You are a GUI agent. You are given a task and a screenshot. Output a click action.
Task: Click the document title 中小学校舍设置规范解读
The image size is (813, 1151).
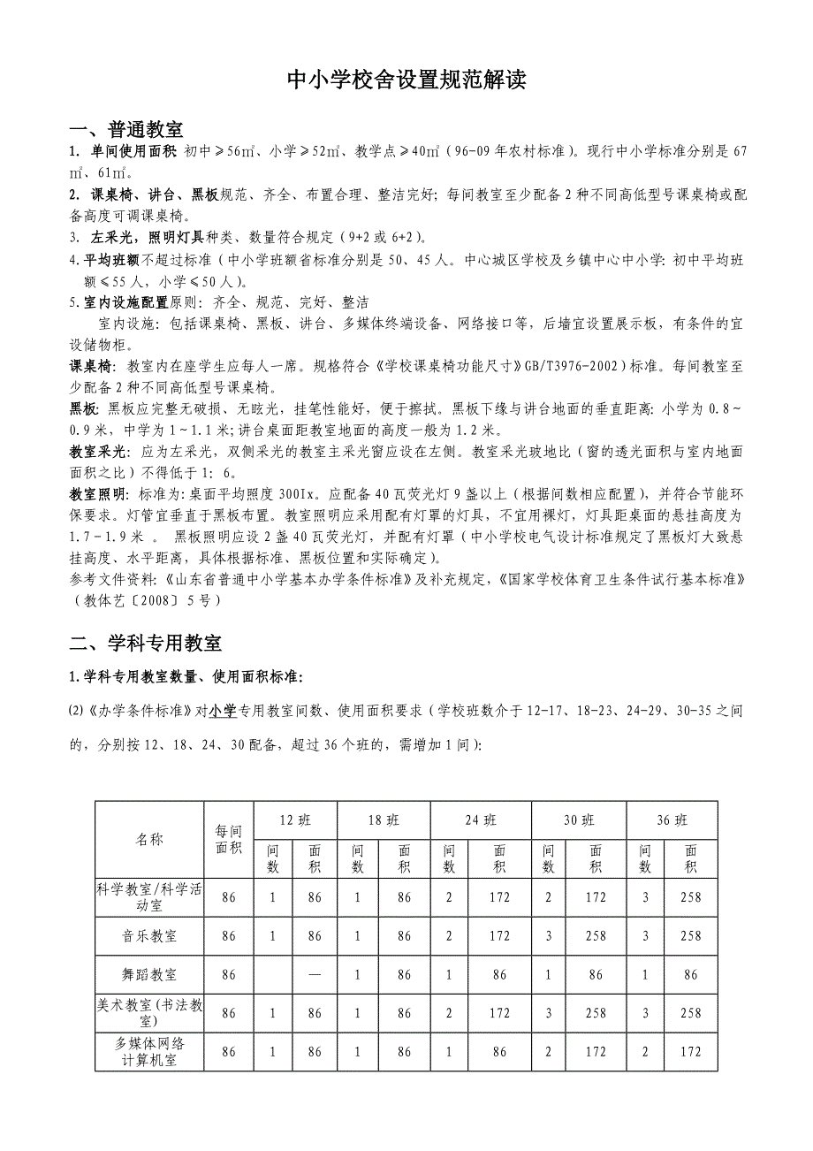[406, 81]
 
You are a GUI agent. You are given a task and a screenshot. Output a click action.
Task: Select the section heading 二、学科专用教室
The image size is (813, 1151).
[146, 643]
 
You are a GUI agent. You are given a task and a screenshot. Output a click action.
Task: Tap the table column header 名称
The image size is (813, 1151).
[149, 839]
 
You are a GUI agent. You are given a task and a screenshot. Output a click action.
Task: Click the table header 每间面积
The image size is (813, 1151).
[228, 839]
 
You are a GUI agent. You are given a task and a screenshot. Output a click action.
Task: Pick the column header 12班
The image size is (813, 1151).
[295, 819]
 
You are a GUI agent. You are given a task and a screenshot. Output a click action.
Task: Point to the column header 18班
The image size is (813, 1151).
[383, 819]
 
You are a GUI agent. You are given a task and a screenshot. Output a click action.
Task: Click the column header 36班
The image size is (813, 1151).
[672, 819]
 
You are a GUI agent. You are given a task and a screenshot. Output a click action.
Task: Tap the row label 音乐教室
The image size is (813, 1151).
[149, 936]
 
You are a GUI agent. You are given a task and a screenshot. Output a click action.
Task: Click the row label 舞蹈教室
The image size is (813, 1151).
[149, 975]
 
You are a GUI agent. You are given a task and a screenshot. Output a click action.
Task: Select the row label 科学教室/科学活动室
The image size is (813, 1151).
[149, 897]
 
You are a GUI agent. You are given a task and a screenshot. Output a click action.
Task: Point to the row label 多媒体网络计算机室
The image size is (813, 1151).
[149, 1052]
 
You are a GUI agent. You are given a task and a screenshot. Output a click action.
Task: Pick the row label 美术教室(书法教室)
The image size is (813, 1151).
[149, 1013]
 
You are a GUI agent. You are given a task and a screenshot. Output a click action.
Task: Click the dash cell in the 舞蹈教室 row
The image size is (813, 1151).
[315, 975]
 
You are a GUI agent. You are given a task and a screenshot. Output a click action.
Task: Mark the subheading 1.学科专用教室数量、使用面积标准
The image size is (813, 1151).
[186, 678]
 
